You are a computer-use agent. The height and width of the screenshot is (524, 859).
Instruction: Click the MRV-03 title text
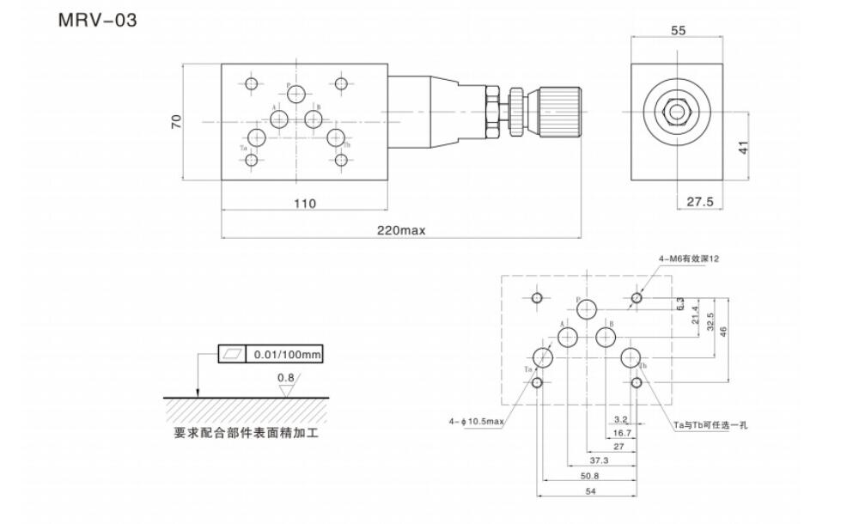pyautogui.click(x=97, y=19)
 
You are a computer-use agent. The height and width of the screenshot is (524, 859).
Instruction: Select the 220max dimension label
pyautogui.click(x=401, y=230)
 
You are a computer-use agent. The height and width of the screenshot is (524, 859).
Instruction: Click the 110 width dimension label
pyautogui.click(x=304, y=204)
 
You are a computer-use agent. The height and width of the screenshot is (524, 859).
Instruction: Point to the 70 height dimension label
pyautogui.click(x=177, y=121)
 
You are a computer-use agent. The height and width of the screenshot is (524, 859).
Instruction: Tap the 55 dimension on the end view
pyautogui.click(x=678, y=30)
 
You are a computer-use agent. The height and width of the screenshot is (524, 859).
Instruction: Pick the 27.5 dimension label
pyautogui.click(x=701, y=202)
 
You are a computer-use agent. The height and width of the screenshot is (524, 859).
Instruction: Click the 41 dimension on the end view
pyautogui.click(x=745, y=147)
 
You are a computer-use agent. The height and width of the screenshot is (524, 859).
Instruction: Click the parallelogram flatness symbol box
pyautogui.click(x=232, y=354)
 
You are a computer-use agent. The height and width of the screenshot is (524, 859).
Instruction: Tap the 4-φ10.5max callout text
pyautogui.click(x=475, y=421)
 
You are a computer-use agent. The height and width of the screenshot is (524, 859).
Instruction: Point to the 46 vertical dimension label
pyautogui.click(x=723, y=330)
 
